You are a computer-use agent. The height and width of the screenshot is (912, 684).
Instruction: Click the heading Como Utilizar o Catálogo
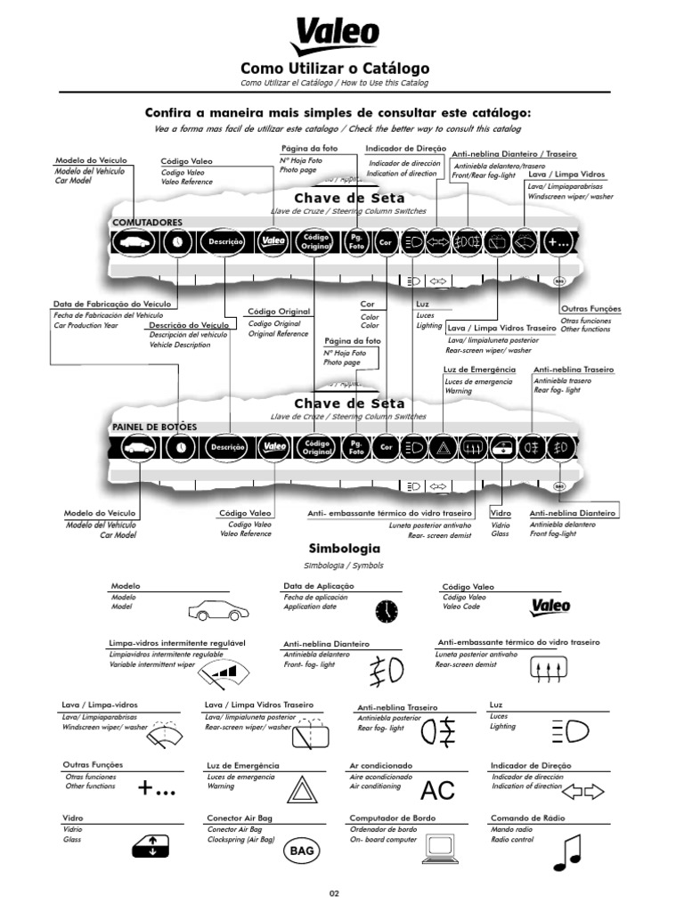[x=335, y=69]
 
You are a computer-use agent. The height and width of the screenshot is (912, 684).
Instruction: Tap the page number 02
[x=335, y=893]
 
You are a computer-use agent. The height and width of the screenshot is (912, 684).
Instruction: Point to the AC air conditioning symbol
[x=437, y=790]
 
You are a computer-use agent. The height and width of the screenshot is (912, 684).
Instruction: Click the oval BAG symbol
[x=302, y=852]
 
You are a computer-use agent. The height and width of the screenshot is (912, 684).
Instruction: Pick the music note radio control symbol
[x=566, y=853]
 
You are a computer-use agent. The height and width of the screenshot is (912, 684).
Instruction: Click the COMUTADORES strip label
[x=147, y=221]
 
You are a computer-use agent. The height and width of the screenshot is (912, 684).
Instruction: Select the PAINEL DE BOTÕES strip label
[x=154, y=427]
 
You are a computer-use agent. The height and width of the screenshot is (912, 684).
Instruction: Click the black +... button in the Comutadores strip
[x=558, y=241]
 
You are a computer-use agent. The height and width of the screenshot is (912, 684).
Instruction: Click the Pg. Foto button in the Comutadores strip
[x=356, y=241]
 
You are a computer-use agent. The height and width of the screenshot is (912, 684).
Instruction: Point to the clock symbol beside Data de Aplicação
[x=386, y=611]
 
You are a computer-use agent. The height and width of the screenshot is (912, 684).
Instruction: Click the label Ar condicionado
[x=380, y=765]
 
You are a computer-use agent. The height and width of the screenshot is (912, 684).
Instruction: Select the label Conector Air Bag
[x=239, y=818]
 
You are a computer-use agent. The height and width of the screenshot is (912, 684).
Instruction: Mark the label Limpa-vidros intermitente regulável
[x=176, y=642]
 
